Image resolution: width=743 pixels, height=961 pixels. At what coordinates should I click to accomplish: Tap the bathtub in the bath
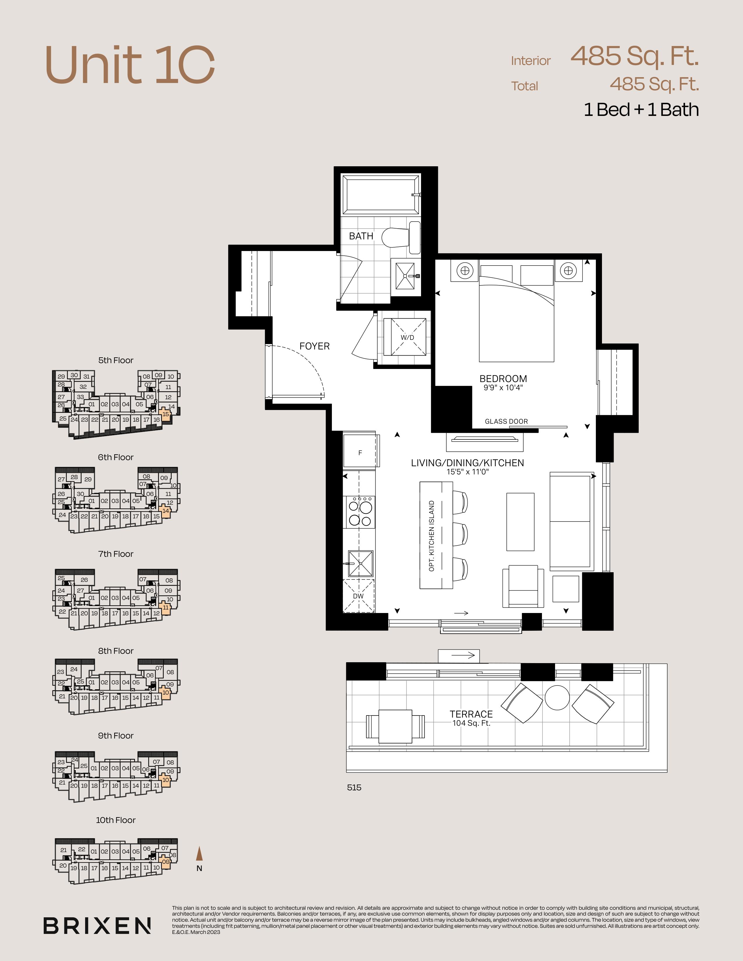(x=381, y=195)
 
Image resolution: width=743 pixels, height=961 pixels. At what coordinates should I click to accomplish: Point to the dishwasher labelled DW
(x=359, y=596)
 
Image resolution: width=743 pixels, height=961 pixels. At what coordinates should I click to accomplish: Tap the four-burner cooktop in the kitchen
(x=360, y=512)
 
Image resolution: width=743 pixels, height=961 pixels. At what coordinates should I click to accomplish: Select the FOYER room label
(x=314, y=346)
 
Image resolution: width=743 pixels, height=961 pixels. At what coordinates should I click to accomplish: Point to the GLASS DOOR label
(x=506, y=422)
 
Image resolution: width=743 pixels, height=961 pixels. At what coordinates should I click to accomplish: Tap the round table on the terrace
(x=557, y=697)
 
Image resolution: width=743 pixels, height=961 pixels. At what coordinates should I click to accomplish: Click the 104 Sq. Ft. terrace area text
(x=471, y=723)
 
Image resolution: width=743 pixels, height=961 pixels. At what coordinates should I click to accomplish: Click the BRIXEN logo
(x=97, y=925)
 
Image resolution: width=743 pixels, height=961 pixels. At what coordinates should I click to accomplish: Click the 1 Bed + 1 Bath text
(x=641, y=109)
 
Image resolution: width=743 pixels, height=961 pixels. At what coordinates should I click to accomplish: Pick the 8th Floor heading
(x=116, y=651)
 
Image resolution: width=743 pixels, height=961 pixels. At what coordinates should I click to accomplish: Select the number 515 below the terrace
(x=354, y=788)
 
